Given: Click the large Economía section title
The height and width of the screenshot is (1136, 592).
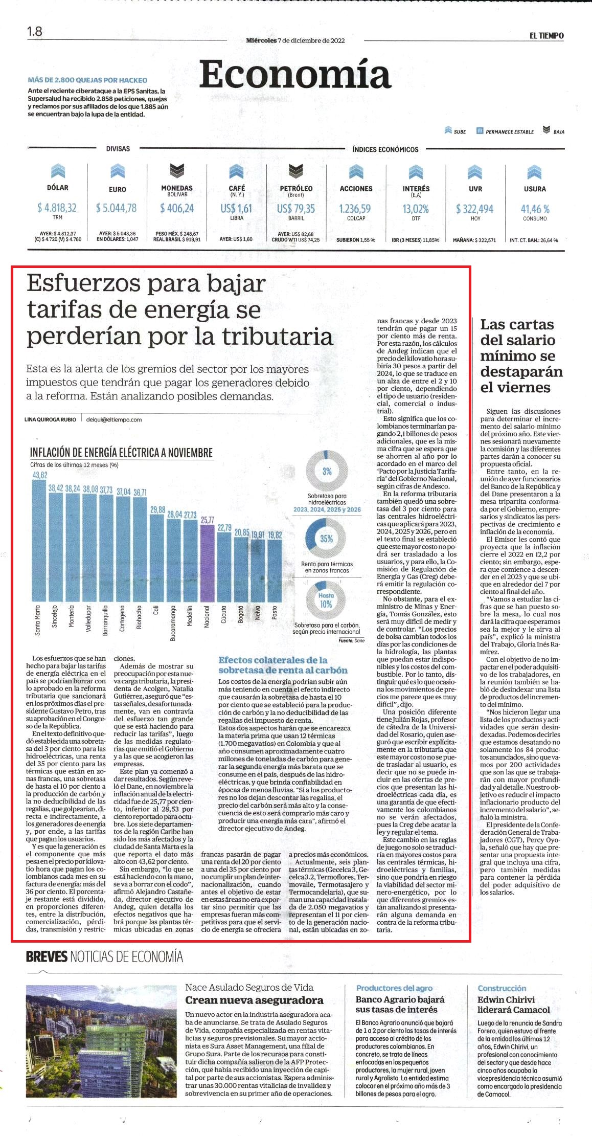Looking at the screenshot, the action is coord(295,75).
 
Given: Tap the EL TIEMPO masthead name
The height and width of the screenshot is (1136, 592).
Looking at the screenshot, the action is coord(547,36).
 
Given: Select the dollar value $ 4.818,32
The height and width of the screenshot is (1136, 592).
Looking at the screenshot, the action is coord(57,208).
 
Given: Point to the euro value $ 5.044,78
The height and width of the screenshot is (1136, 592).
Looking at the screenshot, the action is coord(117,208).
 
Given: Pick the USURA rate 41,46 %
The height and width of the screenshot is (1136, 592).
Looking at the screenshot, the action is coord(535,209).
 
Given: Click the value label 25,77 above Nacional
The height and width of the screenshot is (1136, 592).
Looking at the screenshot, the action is coord(207,520).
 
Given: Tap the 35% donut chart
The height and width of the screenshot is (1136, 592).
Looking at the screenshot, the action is coord(326,538).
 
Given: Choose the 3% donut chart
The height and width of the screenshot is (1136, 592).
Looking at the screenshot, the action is coord(326,471).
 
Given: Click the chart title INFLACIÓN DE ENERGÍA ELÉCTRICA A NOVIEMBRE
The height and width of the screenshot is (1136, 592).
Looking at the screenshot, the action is coord(121,453).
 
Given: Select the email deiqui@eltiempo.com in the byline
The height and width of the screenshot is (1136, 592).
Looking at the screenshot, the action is coord(114,419).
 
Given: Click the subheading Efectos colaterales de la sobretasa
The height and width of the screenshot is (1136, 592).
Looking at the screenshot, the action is coord(283,665).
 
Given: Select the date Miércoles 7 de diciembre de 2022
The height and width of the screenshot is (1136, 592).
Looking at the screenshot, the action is coord(295,40).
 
